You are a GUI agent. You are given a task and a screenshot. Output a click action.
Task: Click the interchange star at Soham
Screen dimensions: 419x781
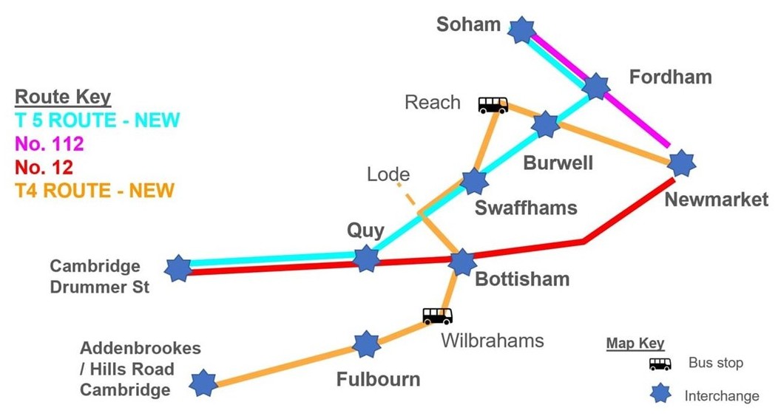(522, 30)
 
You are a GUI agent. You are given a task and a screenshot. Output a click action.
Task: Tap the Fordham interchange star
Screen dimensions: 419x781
(595, 86)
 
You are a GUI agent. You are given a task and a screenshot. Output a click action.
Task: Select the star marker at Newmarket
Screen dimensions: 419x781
(681, 163)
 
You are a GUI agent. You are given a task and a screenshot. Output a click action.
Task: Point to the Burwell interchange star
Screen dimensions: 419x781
(546, 125)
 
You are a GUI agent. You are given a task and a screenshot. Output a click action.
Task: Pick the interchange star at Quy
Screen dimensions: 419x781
(366, 259)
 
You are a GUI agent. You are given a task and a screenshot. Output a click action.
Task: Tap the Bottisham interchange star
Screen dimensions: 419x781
(462, 262)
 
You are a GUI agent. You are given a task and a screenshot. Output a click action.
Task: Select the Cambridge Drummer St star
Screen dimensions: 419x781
(178, 268)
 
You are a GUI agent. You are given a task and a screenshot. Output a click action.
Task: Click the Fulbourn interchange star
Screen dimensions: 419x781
(366, 344)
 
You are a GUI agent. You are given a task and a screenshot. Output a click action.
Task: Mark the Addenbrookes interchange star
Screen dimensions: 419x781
(202, 383)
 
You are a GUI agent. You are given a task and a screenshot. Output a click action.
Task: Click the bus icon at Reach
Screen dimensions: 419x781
(493, 105)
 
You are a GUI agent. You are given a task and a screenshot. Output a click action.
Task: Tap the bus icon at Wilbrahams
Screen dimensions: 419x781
(437, 316)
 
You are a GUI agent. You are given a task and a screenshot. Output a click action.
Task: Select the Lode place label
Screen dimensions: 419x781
(388, 175)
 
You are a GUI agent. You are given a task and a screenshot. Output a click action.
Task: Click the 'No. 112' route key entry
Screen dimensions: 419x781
(50, 143)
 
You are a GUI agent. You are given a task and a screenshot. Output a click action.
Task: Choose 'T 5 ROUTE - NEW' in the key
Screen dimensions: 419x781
(97, 120)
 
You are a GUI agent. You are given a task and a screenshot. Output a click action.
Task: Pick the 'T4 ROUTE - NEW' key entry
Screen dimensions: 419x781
(94, 191)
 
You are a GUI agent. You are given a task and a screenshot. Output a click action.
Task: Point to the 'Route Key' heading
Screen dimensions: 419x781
(63, 97)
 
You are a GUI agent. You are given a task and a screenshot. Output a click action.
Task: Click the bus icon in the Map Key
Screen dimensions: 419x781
(660, 364)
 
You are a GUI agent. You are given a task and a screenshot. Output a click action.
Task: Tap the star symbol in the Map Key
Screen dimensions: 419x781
(660, 394)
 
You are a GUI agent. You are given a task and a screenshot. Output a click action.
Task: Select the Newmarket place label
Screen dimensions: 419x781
(716, 200)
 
